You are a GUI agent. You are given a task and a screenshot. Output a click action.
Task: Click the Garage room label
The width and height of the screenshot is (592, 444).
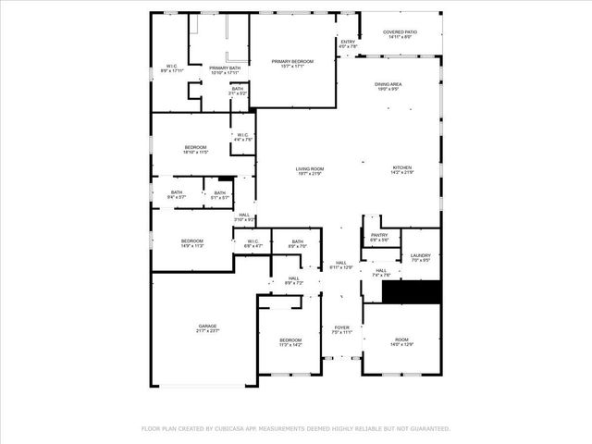click(x=206, y=327)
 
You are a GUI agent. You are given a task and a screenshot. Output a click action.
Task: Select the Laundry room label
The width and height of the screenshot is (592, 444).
click(x=420, y=258)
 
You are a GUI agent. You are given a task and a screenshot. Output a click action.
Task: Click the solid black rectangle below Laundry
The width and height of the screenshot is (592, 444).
click(x=413, y=292)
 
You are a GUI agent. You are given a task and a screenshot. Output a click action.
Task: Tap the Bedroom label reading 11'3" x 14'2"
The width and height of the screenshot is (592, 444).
click(x=290, y=342)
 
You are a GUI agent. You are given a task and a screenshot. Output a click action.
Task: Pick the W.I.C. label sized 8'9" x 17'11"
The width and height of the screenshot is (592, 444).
click(x=172, y=68)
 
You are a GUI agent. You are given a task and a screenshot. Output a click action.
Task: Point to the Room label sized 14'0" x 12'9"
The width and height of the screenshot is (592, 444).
click(x=401, y=342)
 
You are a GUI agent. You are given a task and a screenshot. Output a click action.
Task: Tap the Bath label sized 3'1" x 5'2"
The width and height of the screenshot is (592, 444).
click(x=238, y=92)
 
